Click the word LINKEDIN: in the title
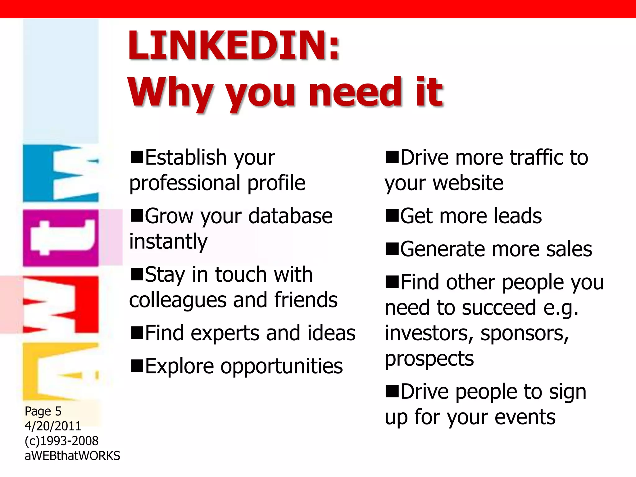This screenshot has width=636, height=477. tap(234, 45)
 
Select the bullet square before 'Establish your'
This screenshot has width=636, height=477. tap(137, 157)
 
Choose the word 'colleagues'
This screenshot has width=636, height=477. tap(178, 300)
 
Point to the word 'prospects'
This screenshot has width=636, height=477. tap(429, 359)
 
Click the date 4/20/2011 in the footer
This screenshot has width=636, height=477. tap(53, 426)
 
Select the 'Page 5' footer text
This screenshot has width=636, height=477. tap(43, 411)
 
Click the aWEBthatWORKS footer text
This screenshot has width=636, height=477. tap(72, 456)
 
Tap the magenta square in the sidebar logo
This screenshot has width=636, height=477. tap(61, 238)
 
